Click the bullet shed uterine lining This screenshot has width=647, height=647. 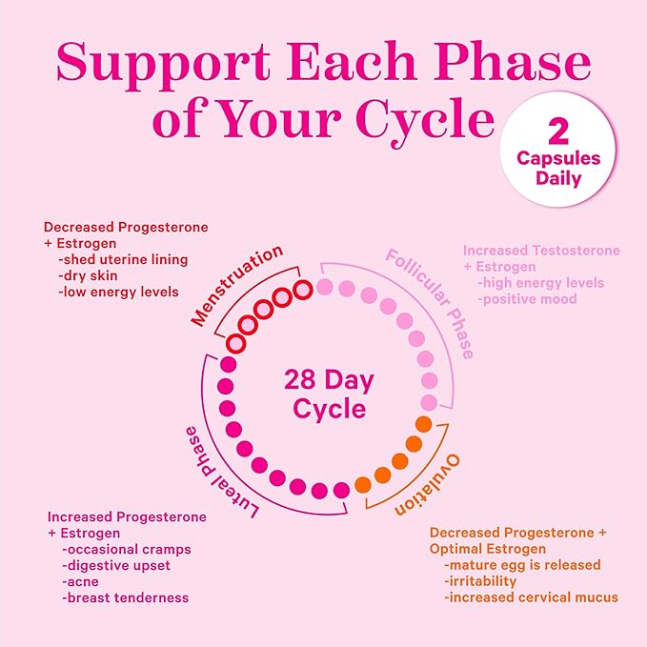click(124, 260)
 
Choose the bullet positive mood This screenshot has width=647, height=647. click(528, 299)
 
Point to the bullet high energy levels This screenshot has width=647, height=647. click(541, 283)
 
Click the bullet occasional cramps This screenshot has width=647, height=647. click(126, 549)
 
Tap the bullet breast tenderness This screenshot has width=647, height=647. click(125, 597)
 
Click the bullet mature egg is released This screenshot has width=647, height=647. click(522, 565)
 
